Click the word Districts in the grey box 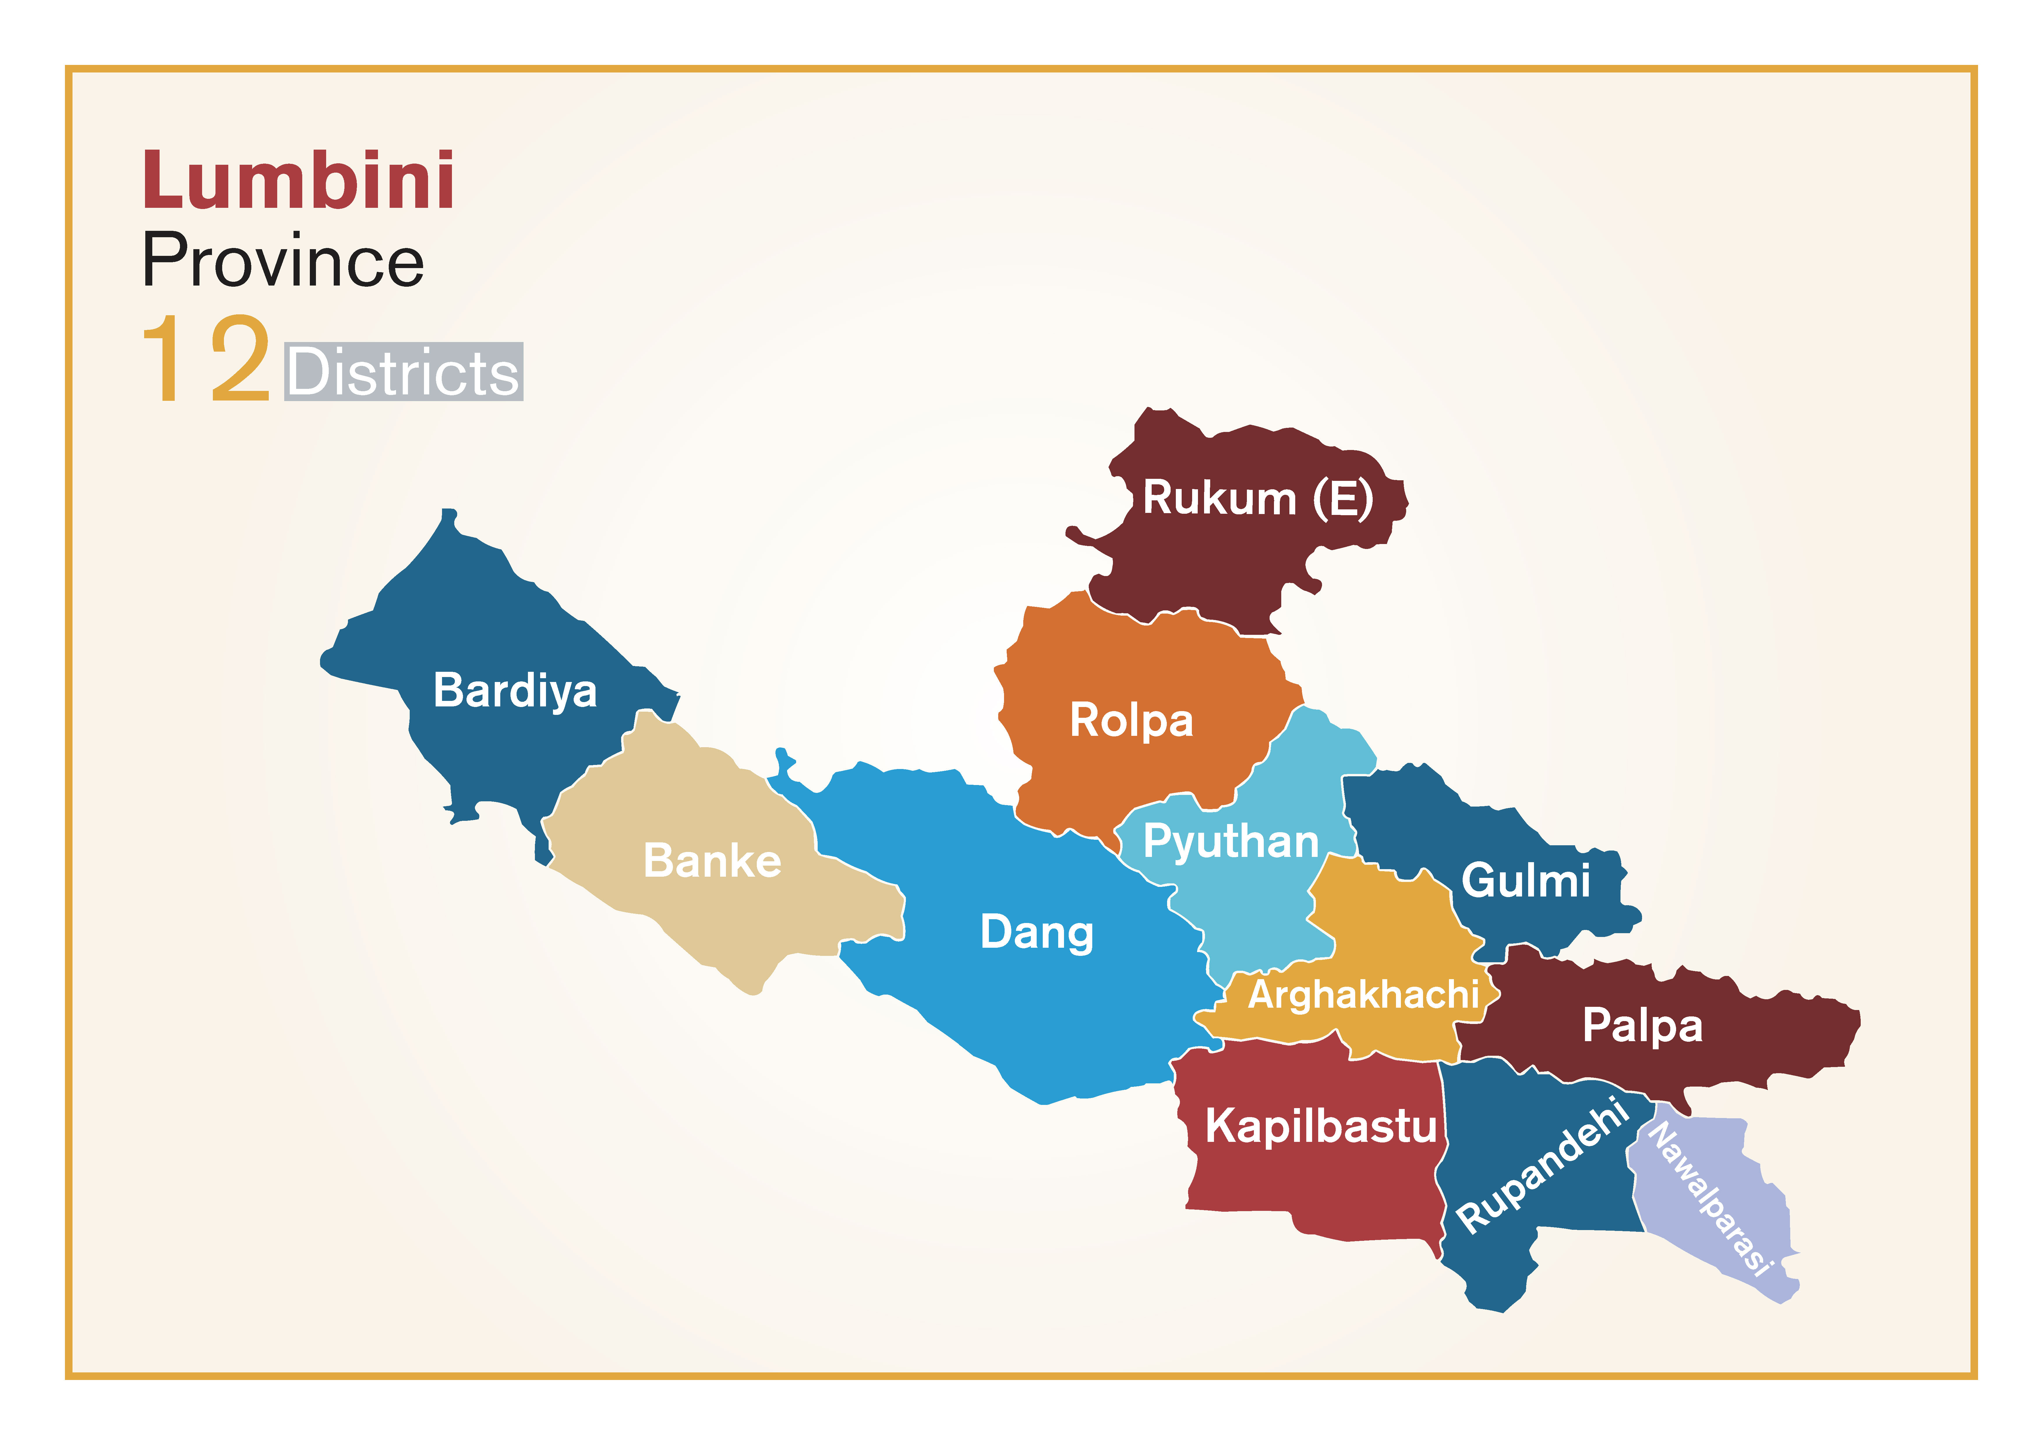(403, 372)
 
